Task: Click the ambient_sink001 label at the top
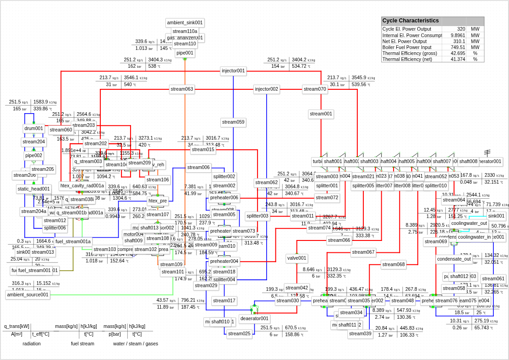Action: [185, 23]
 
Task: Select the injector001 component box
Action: [233, 71]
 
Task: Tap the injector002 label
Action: [267, 89]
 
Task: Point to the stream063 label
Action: [182, 89]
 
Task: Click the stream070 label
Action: [315, 89]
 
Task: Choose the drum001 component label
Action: [34, 129]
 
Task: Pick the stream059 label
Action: [233, 122]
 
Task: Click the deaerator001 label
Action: [254, 319]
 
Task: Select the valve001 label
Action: [297, 258]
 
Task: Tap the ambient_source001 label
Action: [28, 295]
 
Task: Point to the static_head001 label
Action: [34, 189]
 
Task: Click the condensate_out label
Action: [454, 259]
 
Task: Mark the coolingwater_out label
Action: [469, 224]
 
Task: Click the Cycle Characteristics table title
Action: [410, 21]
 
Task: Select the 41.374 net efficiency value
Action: [458, 59]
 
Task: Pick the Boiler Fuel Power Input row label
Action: [407, 47]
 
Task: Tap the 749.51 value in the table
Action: [458, 47]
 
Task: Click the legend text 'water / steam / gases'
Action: [136, 344]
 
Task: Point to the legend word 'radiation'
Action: [32, 344]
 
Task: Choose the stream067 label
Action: [363, 252]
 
